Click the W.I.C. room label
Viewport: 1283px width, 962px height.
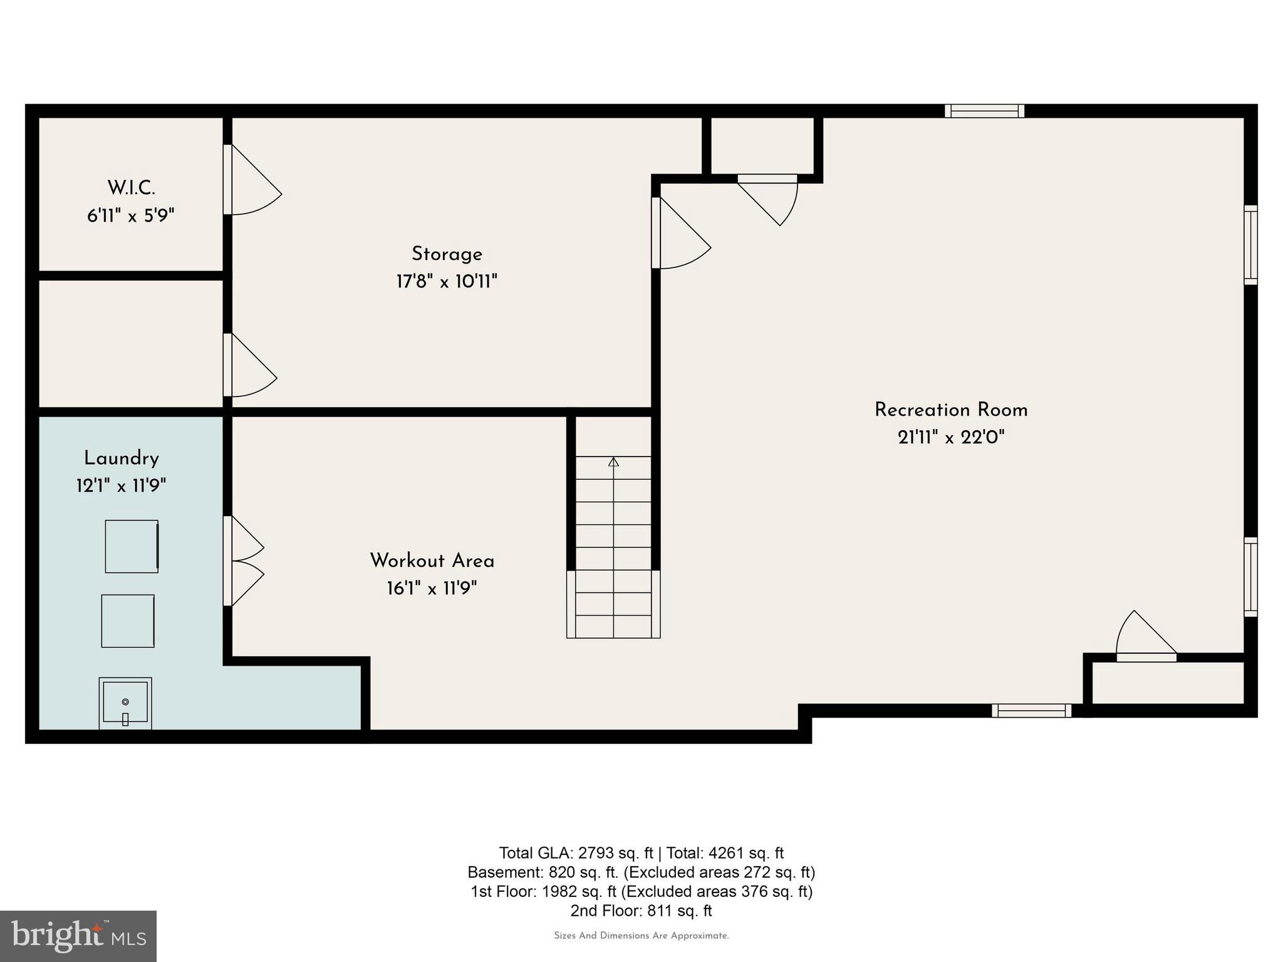pos(131,187)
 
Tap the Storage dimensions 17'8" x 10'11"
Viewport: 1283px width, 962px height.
pos(447,282)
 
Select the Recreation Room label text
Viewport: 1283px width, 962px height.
pos(950,410)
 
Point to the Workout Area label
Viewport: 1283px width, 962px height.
pos(432,561)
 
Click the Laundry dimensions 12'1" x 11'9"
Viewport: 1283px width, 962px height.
pos(121,486)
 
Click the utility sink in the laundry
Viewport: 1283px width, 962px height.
pos(125,703)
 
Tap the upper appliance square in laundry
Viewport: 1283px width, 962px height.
pos(132,546)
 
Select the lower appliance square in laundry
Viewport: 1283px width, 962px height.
pos(128,621)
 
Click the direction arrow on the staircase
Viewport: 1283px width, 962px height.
pos(613,462)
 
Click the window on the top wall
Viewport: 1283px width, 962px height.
pos(984,111)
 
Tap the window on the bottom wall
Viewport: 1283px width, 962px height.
pos(1031,710)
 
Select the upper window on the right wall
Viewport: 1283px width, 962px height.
pos(1250,245)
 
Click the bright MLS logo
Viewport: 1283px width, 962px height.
pos(78,936)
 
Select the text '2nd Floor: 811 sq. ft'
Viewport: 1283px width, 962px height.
pos(641,911)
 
